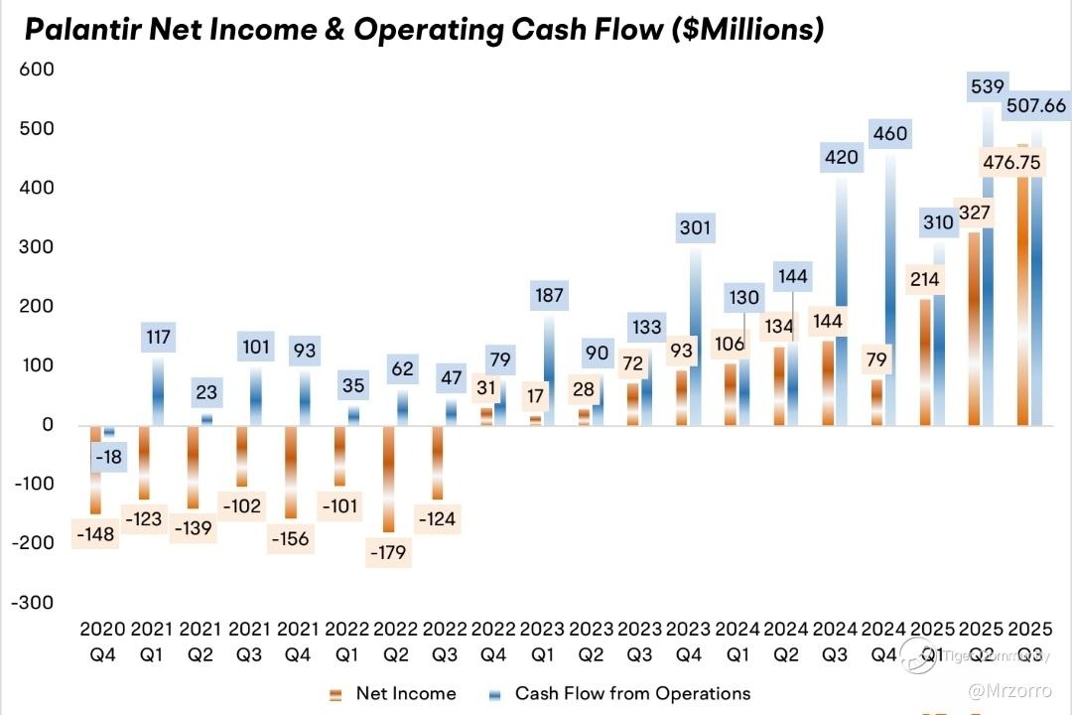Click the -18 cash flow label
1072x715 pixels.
(110, 457)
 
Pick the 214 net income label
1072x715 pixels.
(924, 280)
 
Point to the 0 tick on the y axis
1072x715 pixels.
(46, 425)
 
